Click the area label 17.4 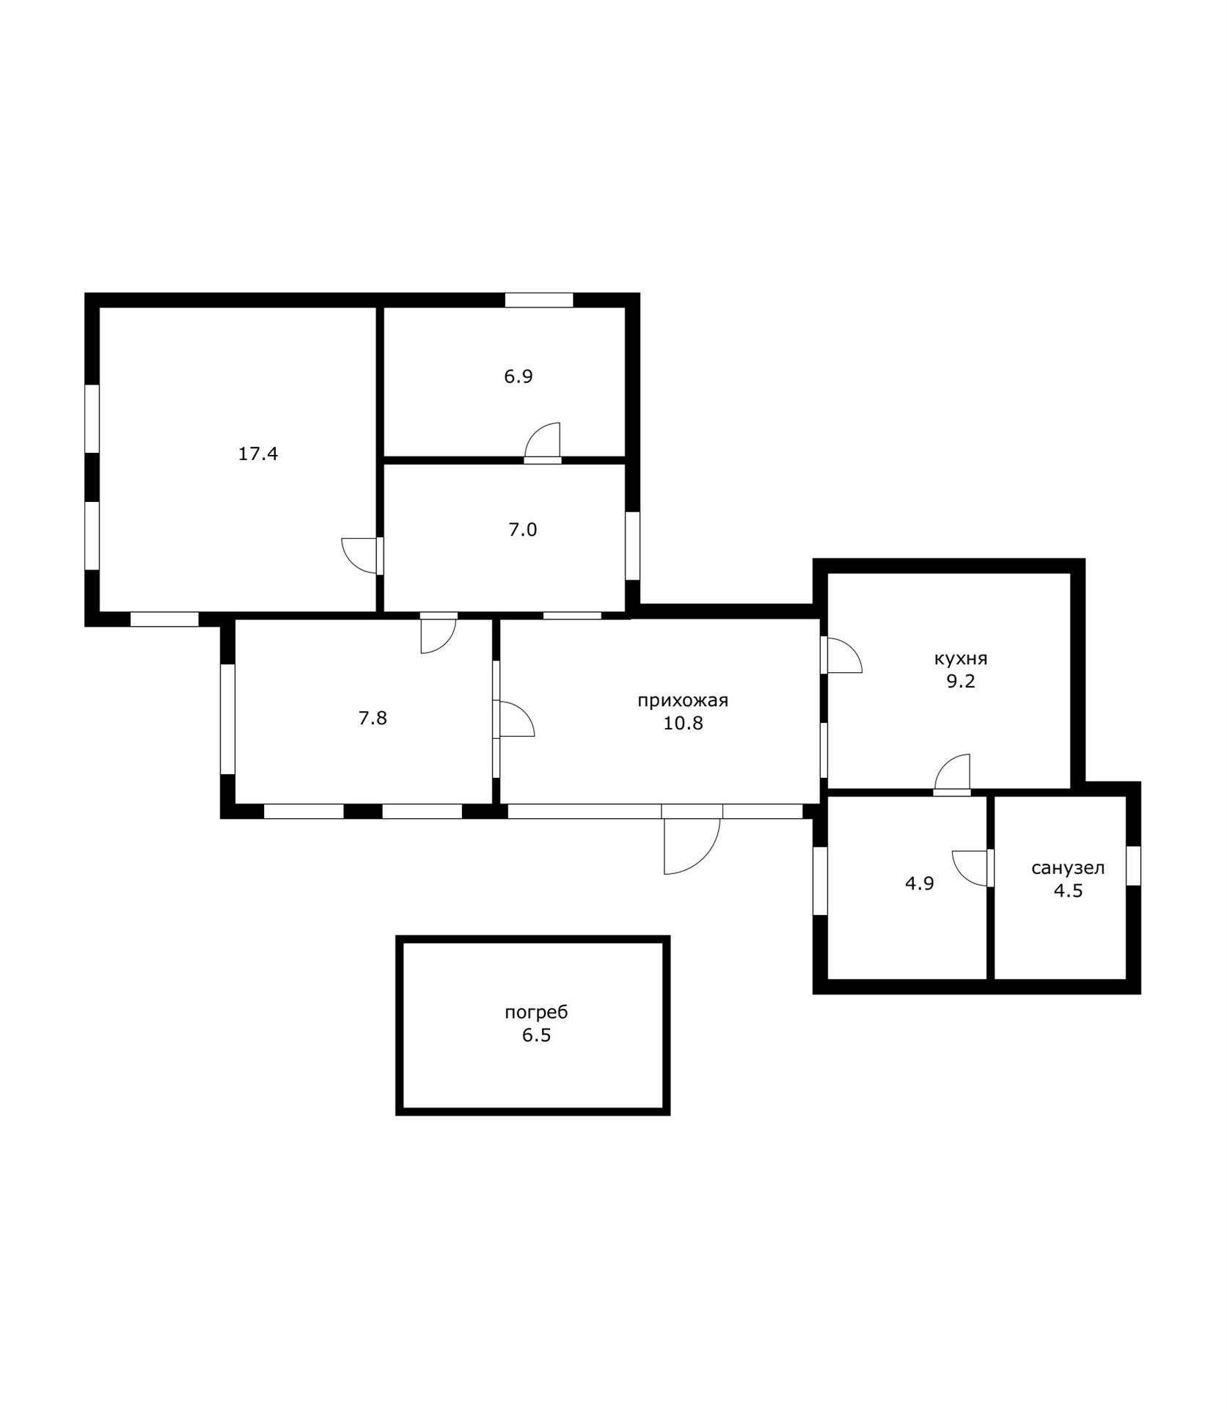257,454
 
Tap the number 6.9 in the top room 518,376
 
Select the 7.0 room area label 523,529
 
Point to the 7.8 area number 373,718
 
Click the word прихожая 683,701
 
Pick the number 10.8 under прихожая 683,724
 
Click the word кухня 961,658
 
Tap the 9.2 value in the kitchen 961,681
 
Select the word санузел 1068,868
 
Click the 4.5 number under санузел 1068,891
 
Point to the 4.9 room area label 919,884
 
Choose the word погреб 536,1013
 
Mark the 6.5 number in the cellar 536,1035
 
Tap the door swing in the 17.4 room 362,556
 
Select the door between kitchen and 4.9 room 952,774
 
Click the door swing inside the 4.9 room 972,868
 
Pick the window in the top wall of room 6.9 538,300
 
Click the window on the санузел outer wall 1133,865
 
